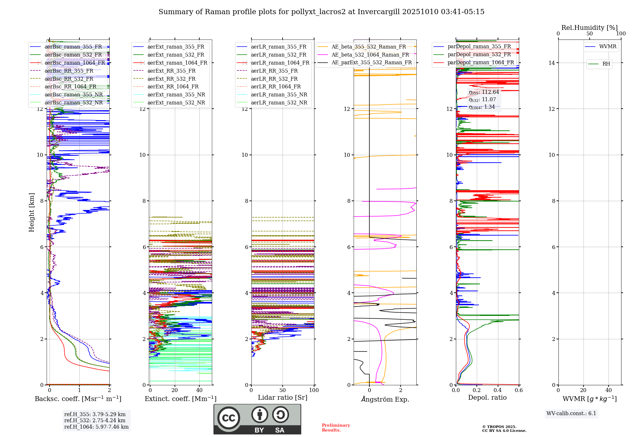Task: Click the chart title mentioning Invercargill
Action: pyautogui.click(x=321, y=12)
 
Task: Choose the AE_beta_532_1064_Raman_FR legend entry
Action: pyautogui.click(x=370, y=55)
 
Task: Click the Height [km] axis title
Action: pyautogui.click(x=32, y=212)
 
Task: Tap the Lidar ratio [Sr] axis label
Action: pyautogui.click(x=282, y=398)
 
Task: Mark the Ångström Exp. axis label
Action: pyautogui.click(x=385, y=399)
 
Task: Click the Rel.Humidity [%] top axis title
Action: pyautogui.click(x=589, y=28)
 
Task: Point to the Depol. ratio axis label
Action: pyautogui.click(x=487, y=398)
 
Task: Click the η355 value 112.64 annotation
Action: pyautogui.click(x=484, y=92)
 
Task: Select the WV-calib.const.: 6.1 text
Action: pyautogui.click(x=571, y=414)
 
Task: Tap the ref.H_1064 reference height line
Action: pyautogui.click(x=96, y=427)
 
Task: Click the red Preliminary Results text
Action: pyautogui.click(x=336, y=428)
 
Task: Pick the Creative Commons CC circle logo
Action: pyautogui.click(x=229, y=418)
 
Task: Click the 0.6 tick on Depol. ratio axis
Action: pyautogui.click(x=519, y=390)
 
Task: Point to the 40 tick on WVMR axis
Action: pyautogui.click(x=609, y=390)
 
